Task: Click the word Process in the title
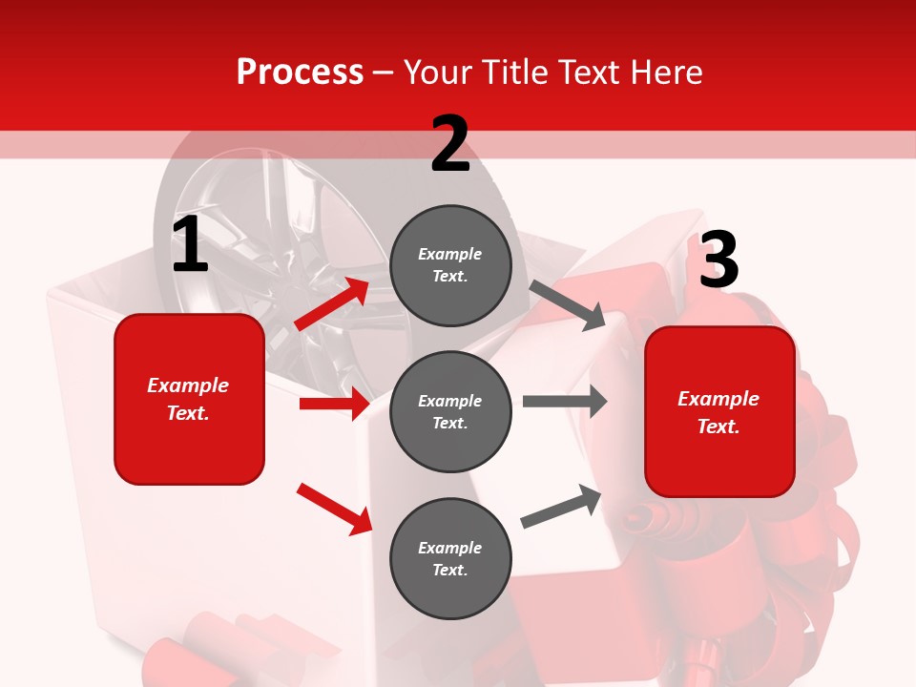(x=300, y=73)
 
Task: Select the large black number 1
(x=190, y=245)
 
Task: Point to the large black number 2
(x=450, y=144)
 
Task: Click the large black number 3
(x=718, y=260)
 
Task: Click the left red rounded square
(x=189, y=399)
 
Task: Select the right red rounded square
(x=719, y=412)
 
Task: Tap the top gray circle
(x=450, y=265)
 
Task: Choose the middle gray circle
(x=450, y=411)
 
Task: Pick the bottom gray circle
(x=450, y=558)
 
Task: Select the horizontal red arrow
(x=334, y=404)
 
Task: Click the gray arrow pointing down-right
(x=568, y=304)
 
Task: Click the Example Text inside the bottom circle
(x=450, y=559)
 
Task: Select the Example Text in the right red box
(x=718, y=412)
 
